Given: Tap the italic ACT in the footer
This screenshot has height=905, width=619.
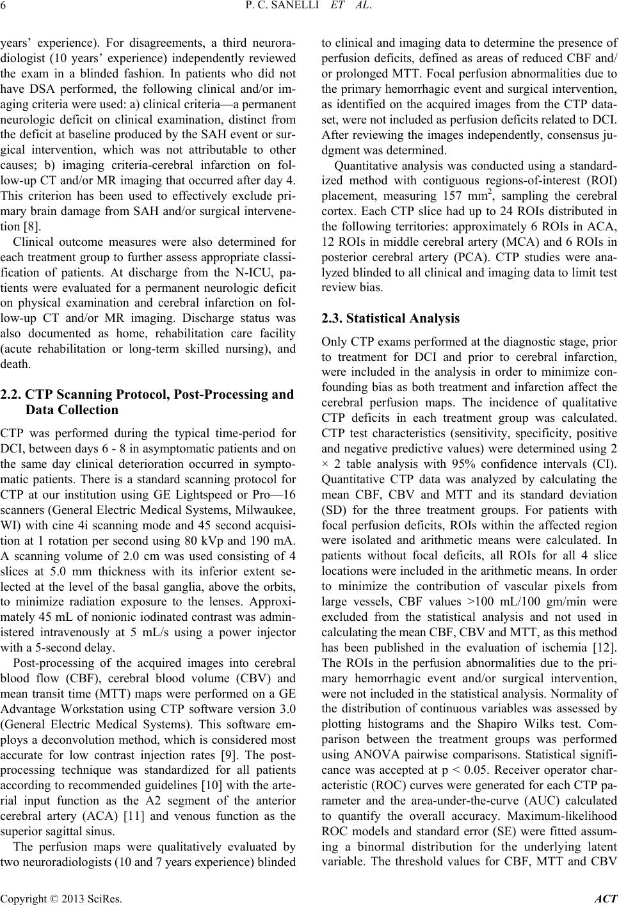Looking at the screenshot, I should click(x=606, y=897).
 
